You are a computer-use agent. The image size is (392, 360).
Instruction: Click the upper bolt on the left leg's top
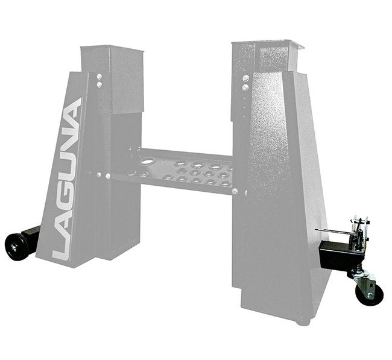click(100, 77)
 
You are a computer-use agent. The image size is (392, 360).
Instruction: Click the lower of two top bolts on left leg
click(100, 86)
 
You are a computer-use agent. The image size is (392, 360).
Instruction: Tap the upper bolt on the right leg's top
click(245, 78)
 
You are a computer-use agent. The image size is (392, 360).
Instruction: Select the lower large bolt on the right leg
click(245, 88)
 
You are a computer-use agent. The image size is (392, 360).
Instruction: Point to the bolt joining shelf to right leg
click(236, 192)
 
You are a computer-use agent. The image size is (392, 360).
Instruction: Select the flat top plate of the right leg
click(265, 44)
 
